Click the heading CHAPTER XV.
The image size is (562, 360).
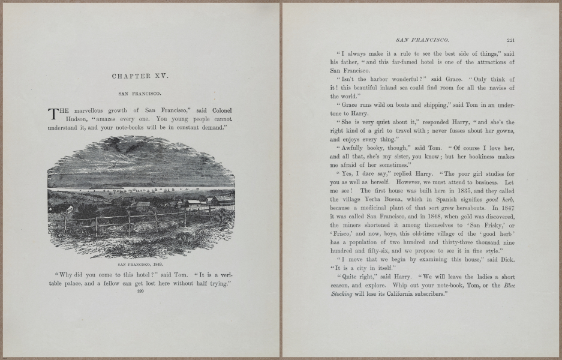click(141, 76)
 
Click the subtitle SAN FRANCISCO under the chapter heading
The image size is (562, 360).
click(141, 94)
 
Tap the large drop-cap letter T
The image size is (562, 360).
click(53, 114)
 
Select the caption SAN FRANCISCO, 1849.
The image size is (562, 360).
click(141, 264)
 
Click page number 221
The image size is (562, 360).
click(510, 41)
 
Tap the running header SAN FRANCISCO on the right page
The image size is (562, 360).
click(423, 41)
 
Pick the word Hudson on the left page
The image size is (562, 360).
click(76, 119)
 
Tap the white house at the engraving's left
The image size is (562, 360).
click(69, 210)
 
